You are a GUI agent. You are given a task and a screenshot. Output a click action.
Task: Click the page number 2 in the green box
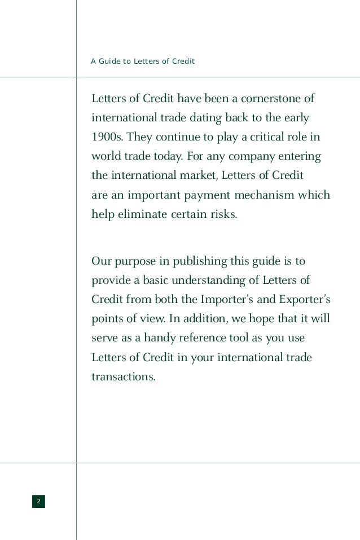point(38,501)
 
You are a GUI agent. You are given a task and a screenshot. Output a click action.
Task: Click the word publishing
point(201,262)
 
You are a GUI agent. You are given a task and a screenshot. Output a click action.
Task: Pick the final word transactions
point(123,377)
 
